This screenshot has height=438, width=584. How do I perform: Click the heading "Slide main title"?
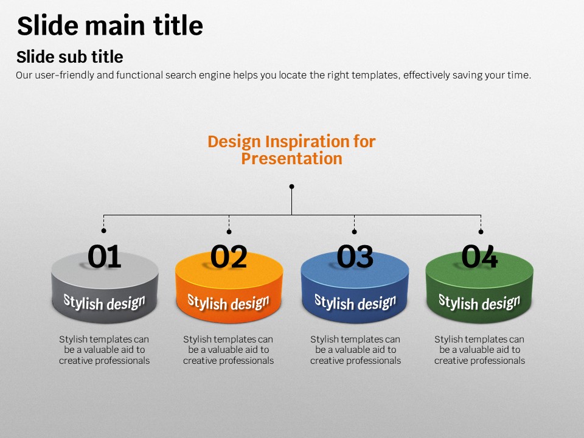click(x=110, y=26)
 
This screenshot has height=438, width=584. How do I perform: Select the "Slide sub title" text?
click(x=69, y=57)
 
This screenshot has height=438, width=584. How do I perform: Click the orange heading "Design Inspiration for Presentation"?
click(x=291, y=150)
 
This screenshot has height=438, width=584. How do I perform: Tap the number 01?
click(x=104, y=256)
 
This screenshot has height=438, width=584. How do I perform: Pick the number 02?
click(x=229, y=256)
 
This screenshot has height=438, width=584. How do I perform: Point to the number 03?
click(x=355, y=256)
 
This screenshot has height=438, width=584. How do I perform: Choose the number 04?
click(x=480, y=256)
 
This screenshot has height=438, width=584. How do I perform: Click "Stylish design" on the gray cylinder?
click(x=104, y=302)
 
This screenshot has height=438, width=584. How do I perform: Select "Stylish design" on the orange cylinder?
click(x=228, y=302)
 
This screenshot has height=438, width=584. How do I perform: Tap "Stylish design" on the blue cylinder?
click(x=355, y=302)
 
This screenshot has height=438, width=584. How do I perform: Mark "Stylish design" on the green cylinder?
click(x=479, y=302)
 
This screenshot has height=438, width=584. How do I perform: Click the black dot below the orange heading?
click(x=291, y=186)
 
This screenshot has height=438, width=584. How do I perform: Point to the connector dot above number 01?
click(x=103, y=231)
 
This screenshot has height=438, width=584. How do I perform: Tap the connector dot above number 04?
click(x=481, y=232)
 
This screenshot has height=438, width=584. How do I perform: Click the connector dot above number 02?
click(x=229, y=232)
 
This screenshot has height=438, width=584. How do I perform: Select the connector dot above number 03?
click(x=354, y=232)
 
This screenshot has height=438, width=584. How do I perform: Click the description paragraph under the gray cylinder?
click(x=104, y=350)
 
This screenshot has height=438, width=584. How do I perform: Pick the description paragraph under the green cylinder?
click(x=480, y=350)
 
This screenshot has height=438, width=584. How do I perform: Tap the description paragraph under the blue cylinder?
click(x=356, y=350)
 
